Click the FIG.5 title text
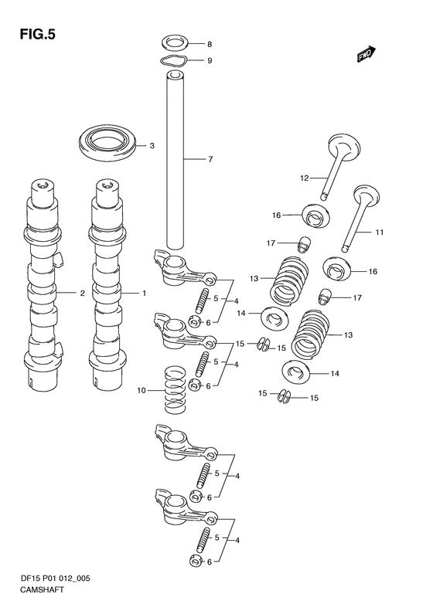tap(37, 35)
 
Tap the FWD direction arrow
tap(366, 54)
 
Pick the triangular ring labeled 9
tap(174, 59)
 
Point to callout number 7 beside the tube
tap(210, 159)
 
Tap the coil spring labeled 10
tap(175, 389)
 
